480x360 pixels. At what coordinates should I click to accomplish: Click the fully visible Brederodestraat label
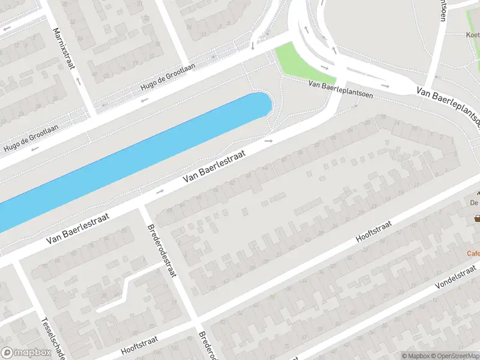pos(161,251)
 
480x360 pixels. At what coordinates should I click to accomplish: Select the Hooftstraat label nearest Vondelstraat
pos(374,231)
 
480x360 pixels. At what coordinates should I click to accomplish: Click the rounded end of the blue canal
pos(262,103)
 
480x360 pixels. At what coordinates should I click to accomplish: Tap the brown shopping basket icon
pos(478,218)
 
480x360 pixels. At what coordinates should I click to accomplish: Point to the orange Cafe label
pos(473,253)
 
